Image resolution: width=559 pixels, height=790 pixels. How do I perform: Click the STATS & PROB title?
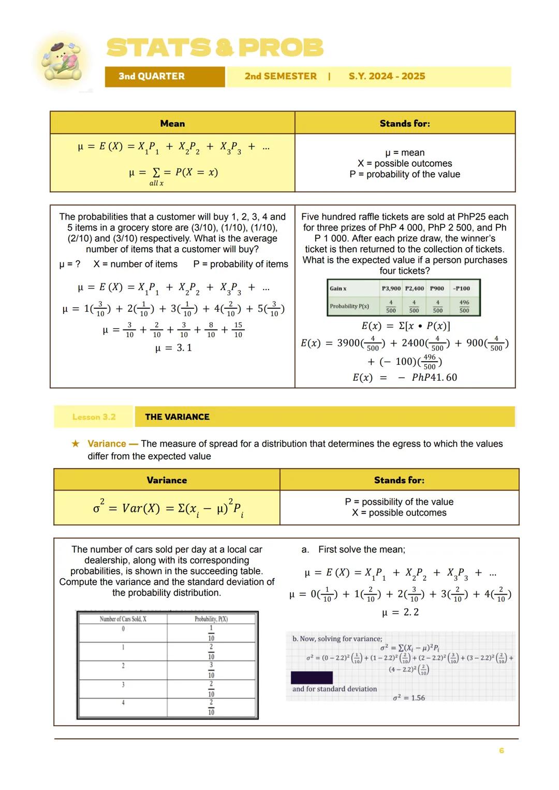tap(215, 48)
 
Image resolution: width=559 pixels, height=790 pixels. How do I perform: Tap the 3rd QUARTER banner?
tap(152, 76)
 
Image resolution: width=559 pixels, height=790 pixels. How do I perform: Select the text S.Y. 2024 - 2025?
tap(387, 76)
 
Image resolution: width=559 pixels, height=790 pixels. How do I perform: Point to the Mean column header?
tap(172, 123)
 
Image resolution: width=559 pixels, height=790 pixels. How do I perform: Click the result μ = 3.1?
tap(173, 348)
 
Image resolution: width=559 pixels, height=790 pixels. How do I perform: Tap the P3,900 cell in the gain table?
tap(391, 288)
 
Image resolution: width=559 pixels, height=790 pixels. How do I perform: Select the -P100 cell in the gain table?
tap(462, 288)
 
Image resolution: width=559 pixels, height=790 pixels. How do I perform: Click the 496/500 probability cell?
tap(464, 306)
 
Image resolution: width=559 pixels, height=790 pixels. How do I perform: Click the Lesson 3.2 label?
tap(94, 417)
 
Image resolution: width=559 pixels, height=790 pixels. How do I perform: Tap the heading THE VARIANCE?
tap(177, 417)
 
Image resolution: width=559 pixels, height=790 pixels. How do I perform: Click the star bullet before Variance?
tap(76, 443)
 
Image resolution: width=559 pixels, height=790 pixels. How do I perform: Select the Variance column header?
tap(167, 480)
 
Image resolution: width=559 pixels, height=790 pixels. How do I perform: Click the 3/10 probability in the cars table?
tap(211, 670)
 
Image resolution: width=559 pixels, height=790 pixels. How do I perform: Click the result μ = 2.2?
tap(400, 612)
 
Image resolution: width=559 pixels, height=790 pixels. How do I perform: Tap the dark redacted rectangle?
tap(312, 678)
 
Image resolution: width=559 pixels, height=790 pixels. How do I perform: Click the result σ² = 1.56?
tap(408, 698)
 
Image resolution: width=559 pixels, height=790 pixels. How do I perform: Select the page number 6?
tap(501, 751)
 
